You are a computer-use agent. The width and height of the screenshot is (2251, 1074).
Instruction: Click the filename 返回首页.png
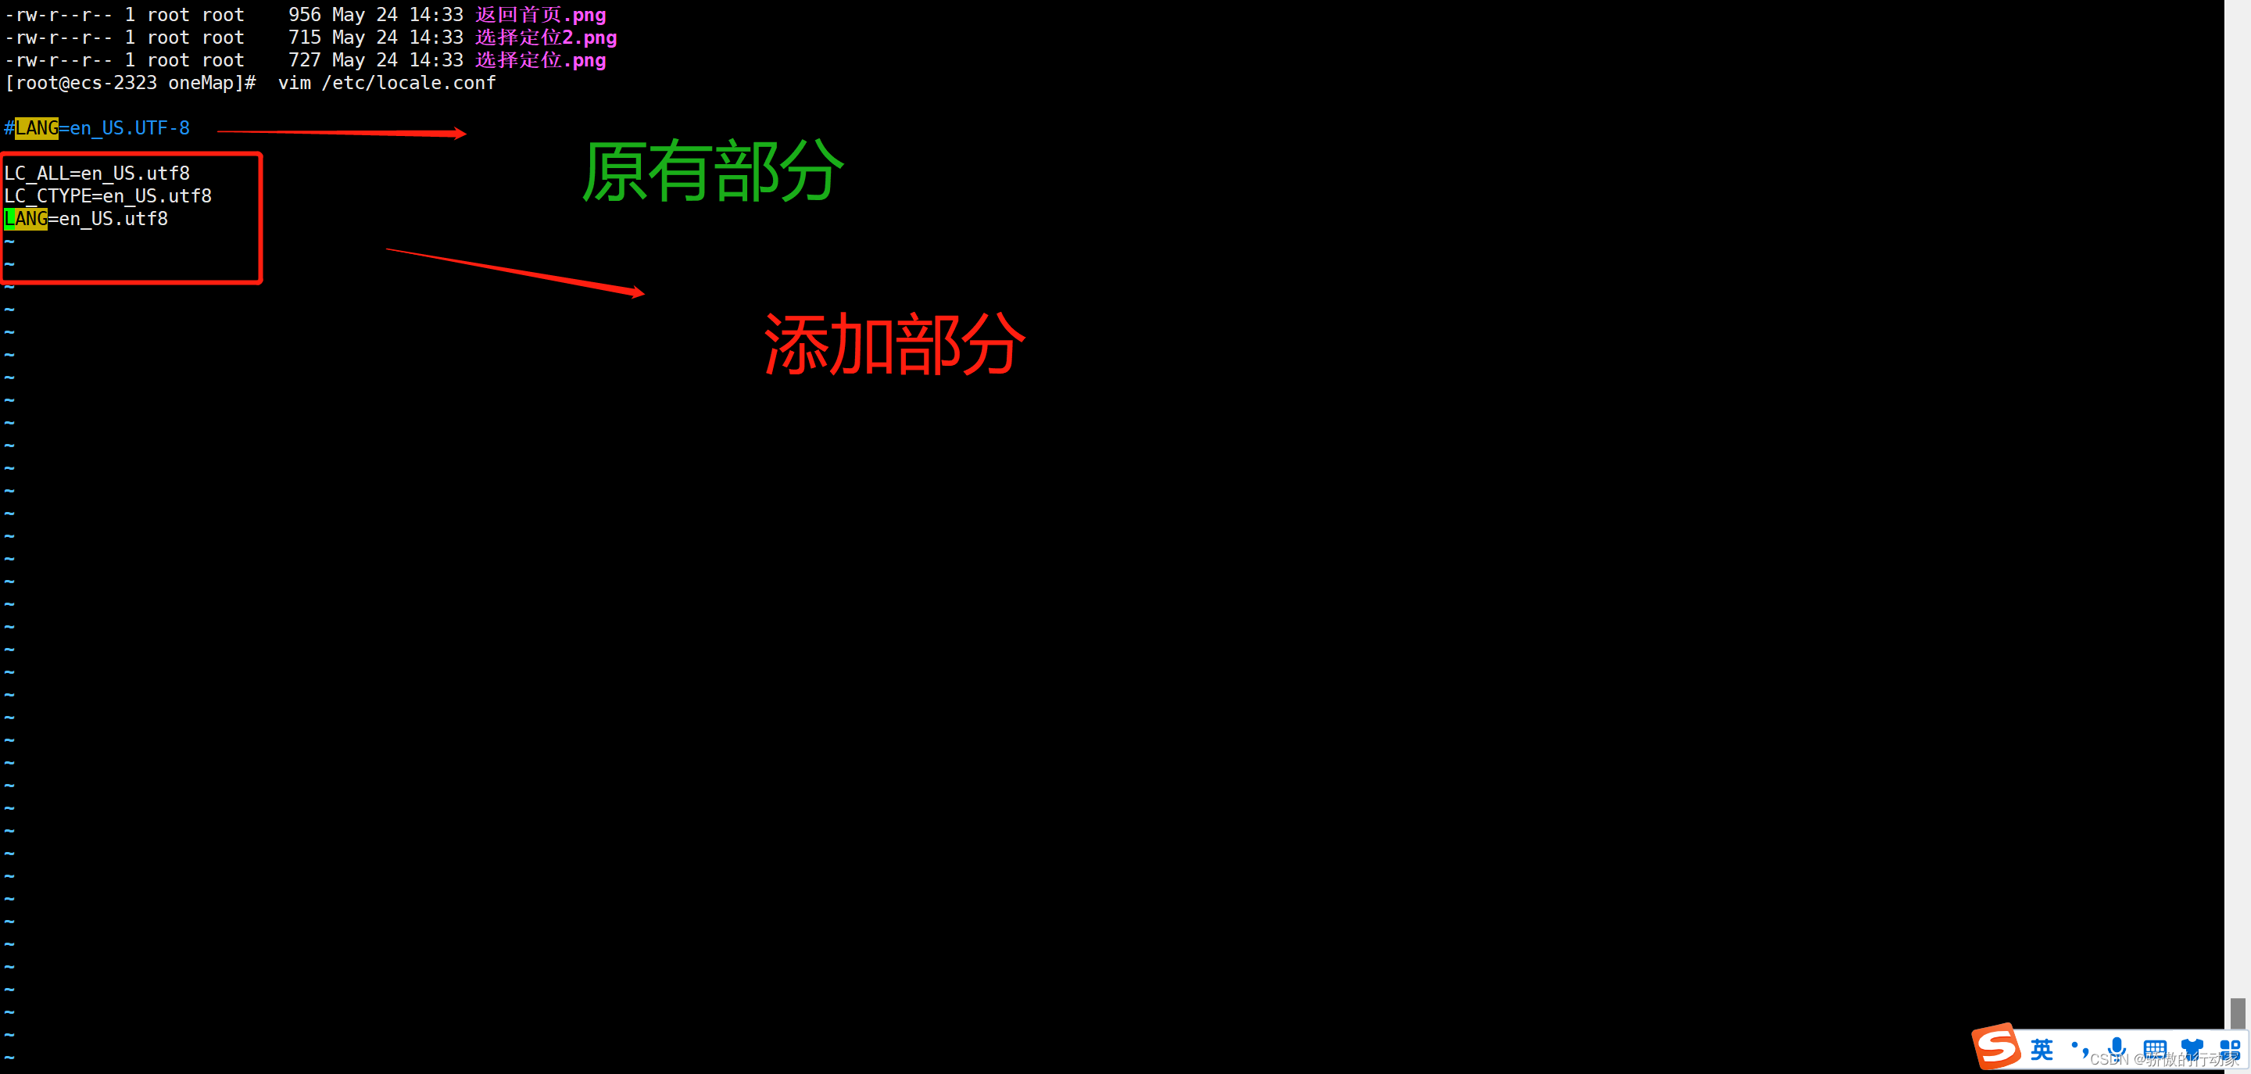[x=540, y=15]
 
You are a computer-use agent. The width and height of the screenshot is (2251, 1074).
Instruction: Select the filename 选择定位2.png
[x=546, y=38]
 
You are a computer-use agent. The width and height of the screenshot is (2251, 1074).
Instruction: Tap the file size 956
[x=304, y=15]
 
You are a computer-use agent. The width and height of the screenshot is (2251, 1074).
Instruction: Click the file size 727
[x=304, y=60]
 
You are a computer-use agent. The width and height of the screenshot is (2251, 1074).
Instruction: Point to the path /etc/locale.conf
[x=408, y=83]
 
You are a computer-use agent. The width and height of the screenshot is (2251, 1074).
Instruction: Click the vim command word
[x=295, y=83]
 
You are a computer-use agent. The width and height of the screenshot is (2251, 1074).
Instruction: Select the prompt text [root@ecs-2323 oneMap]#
[x=131, y=83]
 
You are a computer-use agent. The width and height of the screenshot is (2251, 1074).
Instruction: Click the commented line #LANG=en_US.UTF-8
[x=97, y=128]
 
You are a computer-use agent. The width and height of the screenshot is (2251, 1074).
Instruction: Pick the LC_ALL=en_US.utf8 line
[x=97, y=174]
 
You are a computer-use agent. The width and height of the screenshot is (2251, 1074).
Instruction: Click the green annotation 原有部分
[x=713, y=171]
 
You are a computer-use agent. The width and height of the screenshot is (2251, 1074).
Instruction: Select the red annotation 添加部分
[x=894, y=344]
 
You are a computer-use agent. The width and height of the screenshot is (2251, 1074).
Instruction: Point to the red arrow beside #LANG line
[x=341, y=133]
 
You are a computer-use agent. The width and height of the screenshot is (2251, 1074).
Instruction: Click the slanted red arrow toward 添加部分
[x=515, y=272]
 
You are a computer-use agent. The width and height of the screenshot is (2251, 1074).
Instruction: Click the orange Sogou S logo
[x=1997, y=1046]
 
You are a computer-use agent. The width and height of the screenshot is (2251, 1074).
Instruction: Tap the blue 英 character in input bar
[x=2042, y=1049]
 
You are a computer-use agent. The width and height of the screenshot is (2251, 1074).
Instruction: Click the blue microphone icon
[x=2117, y=1047]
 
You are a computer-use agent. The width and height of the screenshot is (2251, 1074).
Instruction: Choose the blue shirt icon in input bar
[x=2192, y=1047]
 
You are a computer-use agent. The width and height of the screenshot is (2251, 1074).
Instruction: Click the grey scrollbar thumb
[x=2237, y=1013]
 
